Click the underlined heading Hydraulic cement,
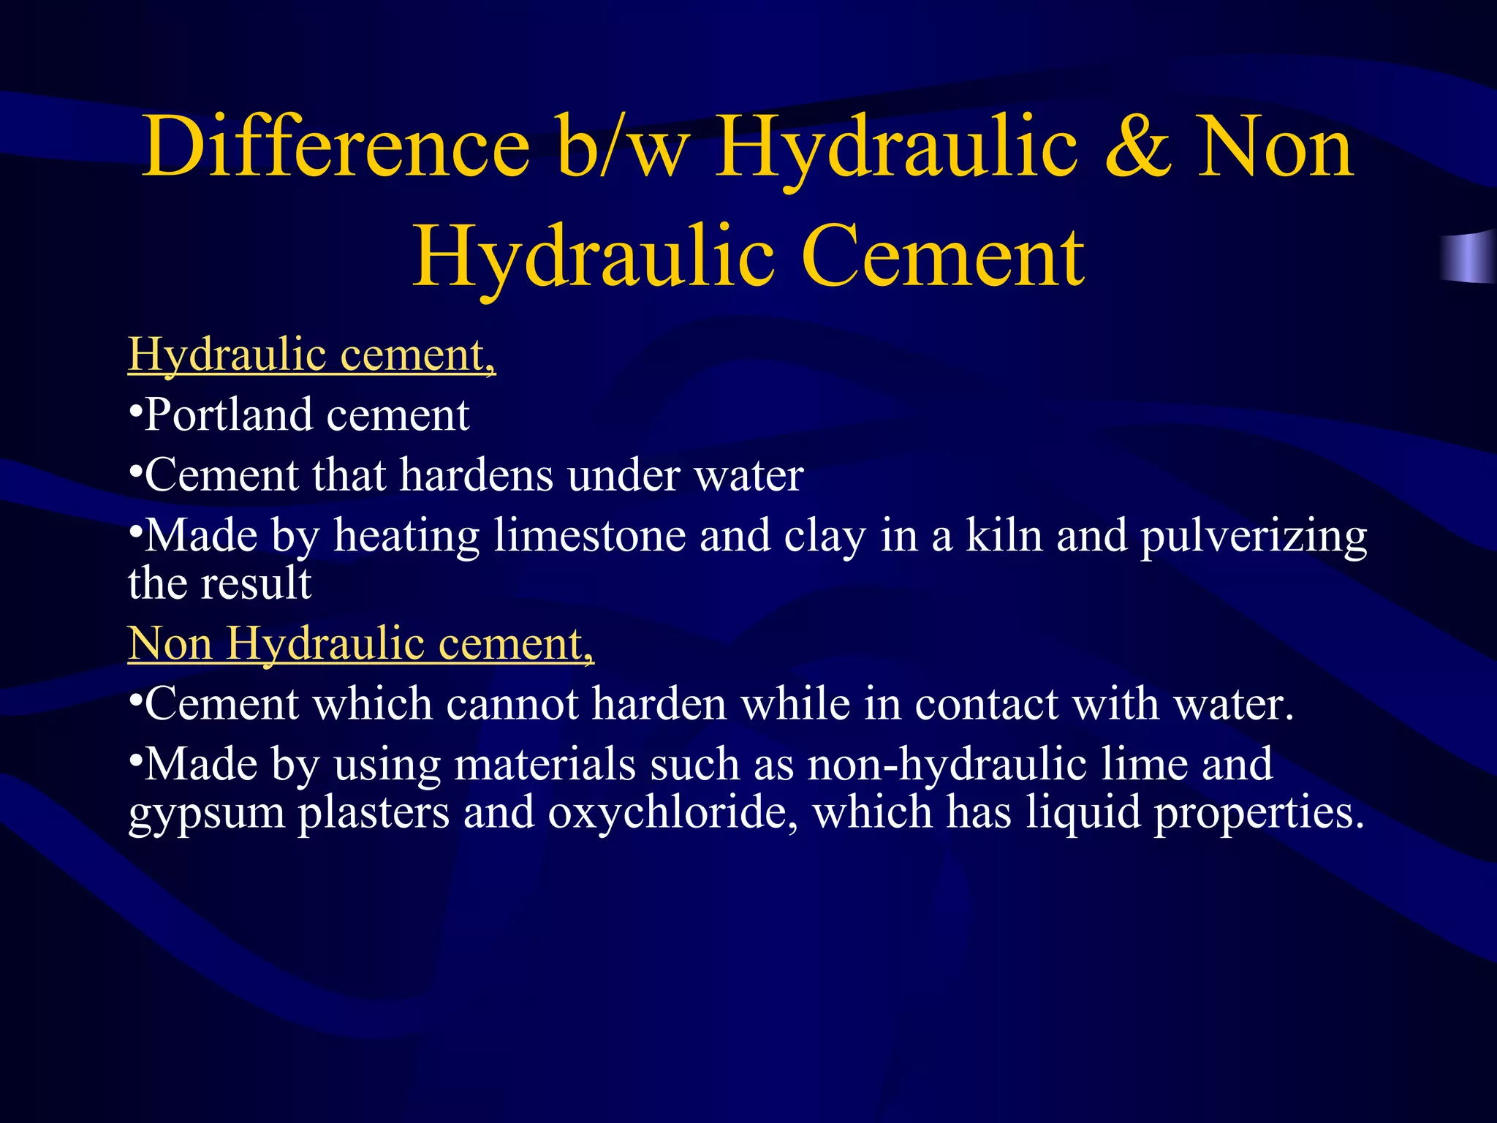[312, 355]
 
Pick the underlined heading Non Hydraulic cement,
[361, 644]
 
